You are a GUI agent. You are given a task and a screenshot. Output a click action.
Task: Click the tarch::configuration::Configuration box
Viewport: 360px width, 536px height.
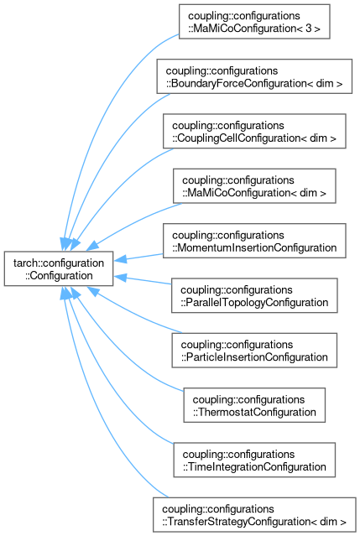59,268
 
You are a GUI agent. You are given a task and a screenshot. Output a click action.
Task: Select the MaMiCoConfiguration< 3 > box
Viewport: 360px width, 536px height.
254,22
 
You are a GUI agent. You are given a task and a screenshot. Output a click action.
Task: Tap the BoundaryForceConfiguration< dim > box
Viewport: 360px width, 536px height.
254,76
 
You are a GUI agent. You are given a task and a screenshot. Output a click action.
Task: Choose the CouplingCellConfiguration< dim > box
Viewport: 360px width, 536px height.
254,131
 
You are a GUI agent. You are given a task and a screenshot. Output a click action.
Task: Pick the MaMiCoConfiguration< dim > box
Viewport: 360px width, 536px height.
254,186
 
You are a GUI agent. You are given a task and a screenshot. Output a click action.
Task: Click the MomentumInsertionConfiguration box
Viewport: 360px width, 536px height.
254,241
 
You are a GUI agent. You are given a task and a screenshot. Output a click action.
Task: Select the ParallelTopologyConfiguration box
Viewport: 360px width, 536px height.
254,295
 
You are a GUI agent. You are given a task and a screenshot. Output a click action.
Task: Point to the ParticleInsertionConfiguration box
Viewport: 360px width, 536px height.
254,351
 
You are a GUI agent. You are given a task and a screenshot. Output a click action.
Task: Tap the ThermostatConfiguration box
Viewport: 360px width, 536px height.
254,405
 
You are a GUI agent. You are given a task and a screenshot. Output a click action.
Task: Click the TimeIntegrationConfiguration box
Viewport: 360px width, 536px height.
254,460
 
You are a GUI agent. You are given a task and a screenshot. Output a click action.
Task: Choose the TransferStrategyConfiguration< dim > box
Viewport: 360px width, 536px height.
254,515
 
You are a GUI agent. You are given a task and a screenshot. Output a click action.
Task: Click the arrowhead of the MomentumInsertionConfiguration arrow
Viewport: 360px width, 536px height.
120,259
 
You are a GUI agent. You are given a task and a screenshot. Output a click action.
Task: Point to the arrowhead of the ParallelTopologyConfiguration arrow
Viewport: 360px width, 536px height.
120,278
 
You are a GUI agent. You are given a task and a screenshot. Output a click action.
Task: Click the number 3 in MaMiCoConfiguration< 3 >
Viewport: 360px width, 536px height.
309,28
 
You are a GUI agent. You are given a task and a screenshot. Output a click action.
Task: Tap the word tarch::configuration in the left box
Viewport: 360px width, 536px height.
59,263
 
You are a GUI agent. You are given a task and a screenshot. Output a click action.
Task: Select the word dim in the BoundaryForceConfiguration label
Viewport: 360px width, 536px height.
325,83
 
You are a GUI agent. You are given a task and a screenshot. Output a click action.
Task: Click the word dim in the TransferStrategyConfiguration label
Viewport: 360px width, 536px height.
329,522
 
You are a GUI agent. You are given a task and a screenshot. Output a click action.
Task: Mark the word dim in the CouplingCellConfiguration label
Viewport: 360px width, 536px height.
319,138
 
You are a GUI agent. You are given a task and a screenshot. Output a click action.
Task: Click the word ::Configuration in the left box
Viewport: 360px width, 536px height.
59,275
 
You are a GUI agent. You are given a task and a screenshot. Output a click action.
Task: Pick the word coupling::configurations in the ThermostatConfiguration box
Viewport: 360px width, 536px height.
248,399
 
